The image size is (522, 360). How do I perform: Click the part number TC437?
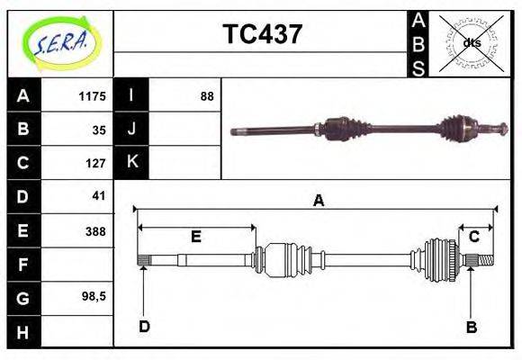263,35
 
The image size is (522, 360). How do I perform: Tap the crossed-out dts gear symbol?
471,42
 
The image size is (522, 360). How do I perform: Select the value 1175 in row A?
93,96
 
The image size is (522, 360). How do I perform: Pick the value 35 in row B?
99,130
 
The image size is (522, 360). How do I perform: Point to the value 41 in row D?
99,195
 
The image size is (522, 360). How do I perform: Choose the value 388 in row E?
95,231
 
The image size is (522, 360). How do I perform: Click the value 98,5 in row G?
94,296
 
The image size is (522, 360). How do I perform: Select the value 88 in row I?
206,96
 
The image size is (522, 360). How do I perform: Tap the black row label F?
23,265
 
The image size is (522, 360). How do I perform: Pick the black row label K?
132,162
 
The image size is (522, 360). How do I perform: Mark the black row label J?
132,130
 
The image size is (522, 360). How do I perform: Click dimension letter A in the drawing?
318,201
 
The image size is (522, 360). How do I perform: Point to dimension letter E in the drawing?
195,237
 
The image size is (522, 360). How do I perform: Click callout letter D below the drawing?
143,327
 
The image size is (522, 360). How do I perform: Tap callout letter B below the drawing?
471,327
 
